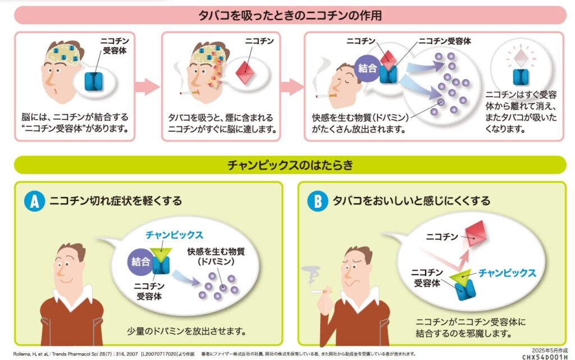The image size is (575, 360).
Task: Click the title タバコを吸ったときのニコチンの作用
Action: click(x=290, y=15)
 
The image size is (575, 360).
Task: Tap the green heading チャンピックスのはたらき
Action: click(x=290, y=165)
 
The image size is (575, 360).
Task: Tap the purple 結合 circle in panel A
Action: click(x=140, y=262)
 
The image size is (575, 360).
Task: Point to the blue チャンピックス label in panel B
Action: click(x=507, y=274)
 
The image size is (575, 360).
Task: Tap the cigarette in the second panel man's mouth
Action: click(x=188, y=93)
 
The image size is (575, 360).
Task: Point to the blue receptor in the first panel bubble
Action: click(x=94, y=82)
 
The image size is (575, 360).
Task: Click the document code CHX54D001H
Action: click(x=544, y=356)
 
